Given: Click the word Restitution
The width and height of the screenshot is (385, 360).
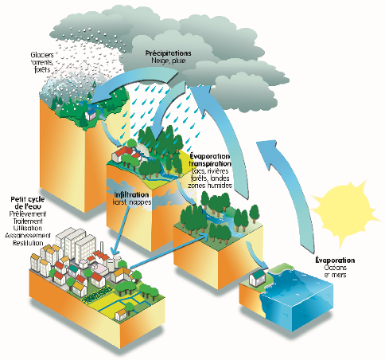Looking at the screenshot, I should tap(29, 245).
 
